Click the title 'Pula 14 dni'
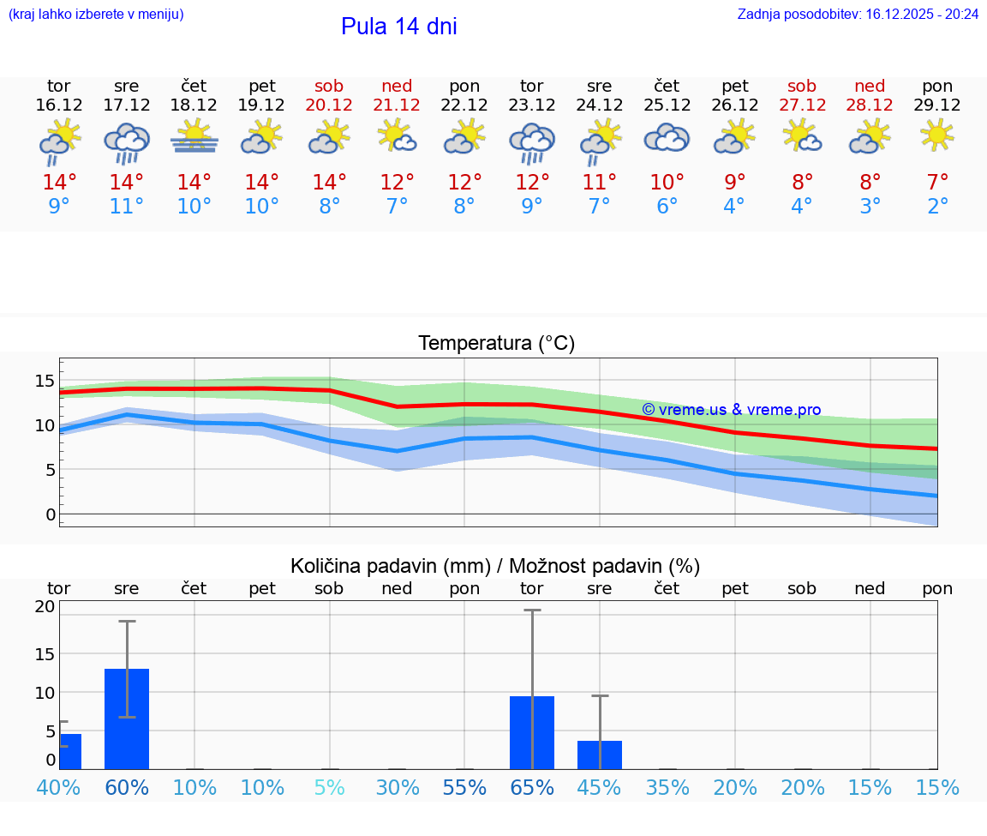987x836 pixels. pyautogui.click(x=398, y=27)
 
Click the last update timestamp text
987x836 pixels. pyautogui.click(x=858, y=14)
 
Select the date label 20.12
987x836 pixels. pyautogui.click(x=329, y=105)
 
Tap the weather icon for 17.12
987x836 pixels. pyautogui.click(x=127, y=142)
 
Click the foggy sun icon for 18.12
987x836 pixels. pyautogui.click(x=194, y=137)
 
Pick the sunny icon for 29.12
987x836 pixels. pyautogui.click(x=937, y=135)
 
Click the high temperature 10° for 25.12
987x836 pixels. pyautogui.click(x=667, y=183)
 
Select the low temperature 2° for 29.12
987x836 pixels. pyautogui.click(x=937, y=207)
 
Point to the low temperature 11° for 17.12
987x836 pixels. pyautogui.click(x=127, y=207)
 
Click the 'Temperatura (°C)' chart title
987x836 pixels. pyautogui.click(x=496, y=343)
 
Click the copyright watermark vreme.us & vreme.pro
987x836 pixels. pyautogui.click(x=731, y=410)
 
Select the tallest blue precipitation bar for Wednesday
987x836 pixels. pyautogui.click(x=127, y=719)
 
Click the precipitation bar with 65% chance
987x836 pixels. pyautogui.click(x=532, y=733)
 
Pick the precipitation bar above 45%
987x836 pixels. pyautogui.click(x=600, y=755)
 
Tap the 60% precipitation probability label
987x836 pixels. pyautogui.click(x=127, y=788)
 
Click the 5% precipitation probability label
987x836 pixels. pyautogui.click(x=329, y=788)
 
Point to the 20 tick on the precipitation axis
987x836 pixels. pyautogui.click(x=45, y=606)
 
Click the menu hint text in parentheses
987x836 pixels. pyautogui.click(x=96, y=14)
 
